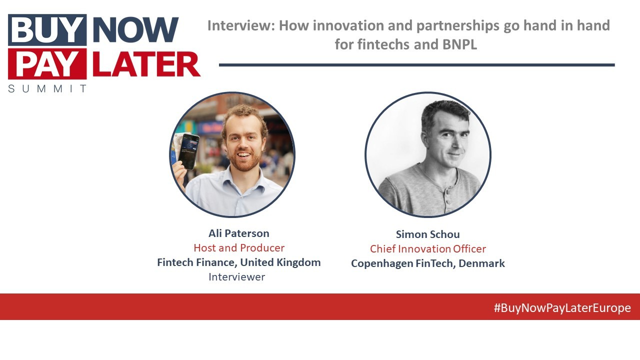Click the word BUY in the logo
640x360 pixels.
tap(47, 30)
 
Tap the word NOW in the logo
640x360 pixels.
tap(135, 30)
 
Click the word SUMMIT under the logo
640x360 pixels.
tap(47, 88)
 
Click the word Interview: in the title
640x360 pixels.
tap(240, 25)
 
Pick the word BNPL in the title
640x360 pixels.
tap(459, 44)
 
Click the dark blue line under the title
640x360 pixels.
tap(416, 65)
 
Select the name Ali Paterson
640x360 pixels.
tap(238, 233)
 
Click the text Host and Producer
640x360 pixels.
tap(238, 248)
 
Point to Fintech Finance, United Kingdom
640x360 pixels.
tap(238, 262)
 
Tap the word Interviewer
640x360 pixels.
tap(236, 277)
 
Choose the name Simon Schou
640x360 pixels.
tap(427, 234)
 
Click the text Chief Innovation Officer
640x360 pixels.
tap(427, 249)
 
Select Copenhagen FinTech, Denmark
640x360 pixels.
tap(427, 263)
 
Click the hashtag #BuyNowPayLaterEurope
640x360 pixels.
tap(562, 308)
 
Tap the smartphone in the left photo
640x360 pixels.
tap(188, 151)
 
